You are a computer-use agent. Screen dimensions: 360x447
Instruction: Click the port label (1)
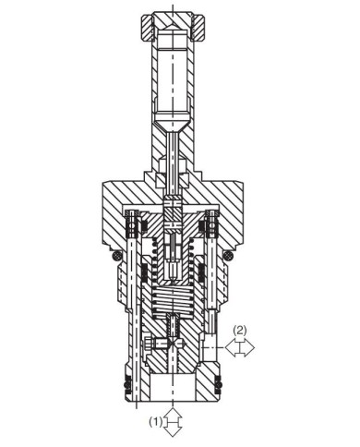pos(155,421)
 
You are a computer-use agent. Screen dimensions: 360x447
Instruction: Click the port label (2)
pos(240,331)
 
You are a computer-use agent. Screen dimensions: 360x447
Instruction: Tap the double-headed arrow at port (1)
pos(173,422)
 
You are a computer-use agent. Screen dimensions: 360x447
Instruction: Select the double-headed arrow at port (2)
pos(240,347)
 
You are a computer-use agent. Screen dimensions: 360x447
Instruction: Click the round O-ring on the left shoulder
pos(116,255)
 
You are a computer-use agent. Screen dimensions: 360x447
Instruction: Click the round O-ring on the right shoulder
pos(228,255)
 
